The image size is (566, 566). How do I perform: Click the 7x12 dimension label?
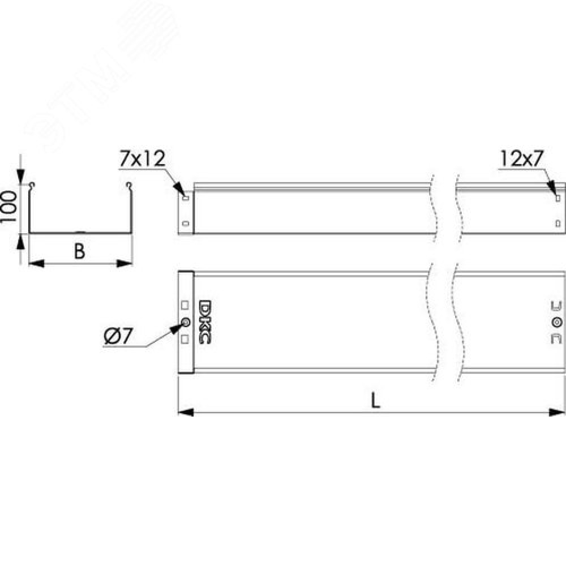(143, 158)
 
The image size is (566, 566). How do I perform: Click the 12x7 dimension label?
(522, 158)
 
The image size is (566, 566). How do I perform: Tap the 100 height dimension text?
(8, 207)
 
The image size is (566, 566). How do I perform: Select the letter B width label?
(79, 251)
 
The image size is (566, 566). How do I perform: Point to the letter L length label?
(376, 400)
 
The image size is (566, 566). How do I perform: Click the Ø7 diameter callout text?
(118, 337)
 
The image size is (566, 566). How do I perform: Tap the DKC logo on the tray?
(205, 321)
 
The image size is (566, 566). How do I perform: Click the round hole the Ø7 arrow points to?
(186, 322)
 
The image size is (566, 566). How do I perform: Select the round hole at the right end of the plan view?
(557, 322)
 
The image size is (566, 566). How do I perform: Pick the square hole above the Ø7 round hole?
(185, 306)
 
